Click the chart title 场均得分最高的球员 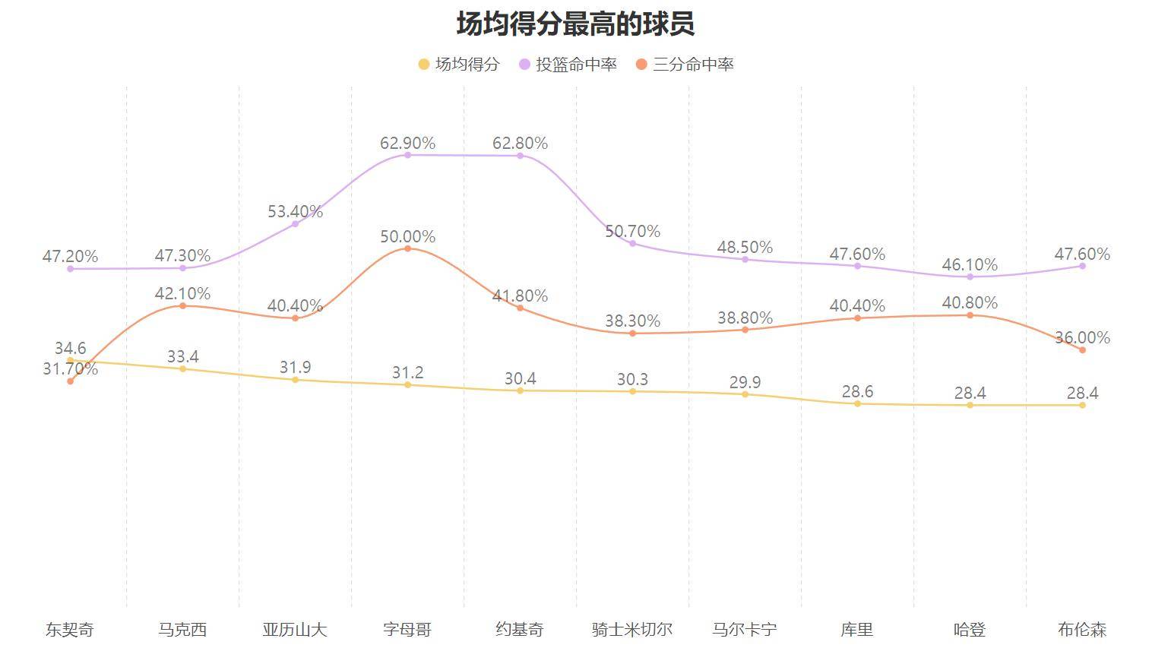(x=575, y=24)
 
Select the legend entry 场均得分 (x=459, y=65)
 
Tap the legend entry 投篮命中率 (x=568, y=65)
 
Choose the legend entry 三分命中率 (x=685, y=65)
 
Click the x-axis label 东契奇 (x=70, y=630)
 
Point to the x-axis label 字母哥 (x=407, y=630)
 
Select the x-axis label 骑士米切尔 (x=632, y=630)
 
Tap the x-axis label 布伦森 (x=1082, y=630)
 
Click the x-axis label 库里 (x=857, y=630)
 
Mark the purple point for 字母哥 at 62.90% (x=407, y=155)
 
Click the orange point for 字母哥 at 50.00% (x=407, y=248)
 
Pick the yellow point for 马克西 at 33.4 (x=182, y=369)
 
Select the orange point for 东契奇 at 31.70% (x=70, y=381)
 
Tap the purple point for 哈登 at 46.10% (x=970, y=277)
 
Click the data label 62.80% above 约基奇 (x=520, y=143)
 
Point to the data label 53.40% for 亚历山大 (x=295, y=212)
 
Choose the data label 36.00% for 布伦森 (x=1082, y=338)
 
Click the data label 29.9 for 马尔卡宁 (x=745, y=382)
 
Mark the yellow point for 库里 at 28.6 (x=857, y=404)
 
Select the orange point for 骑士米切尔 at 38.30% (x=632, y=333)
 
